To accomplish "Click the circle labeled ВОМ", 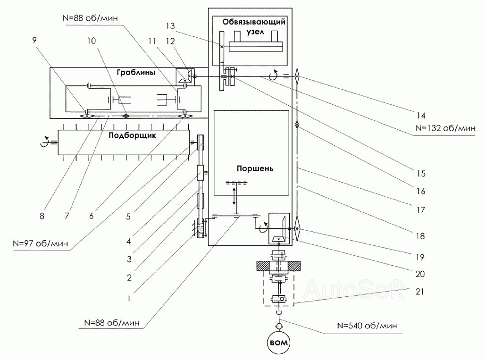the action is pos(279,343).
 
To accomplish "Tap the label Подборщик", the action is pos(133,135).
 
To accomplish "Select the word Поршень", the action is pos(255,168).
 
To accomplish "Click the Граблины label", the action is pos(136,72).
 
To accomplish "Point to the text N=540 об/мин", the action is pos(367,326).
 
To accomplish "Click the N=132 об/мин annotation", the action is pos(445,128).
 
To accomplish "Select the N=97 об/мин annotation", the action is pos(40,243).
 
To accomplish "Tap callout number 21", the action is pos(419,292).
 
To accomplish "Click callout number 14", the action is pos(421,116).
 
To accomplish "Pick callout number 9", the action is pos(34,40).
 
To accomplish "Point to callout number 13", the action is pos(170,25).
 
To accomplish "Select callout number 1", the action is pos(129,299).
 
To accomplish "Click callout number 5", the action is pos(128,217).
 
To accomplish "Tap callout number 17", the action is pos(421,210).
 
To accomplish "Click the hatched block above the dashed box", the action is pos(278,266).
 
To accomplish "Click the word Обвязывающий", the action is pos(254,22).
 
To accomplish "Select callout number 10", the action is pos(92,41).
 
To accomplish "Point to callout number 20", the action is pos(420,274).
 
